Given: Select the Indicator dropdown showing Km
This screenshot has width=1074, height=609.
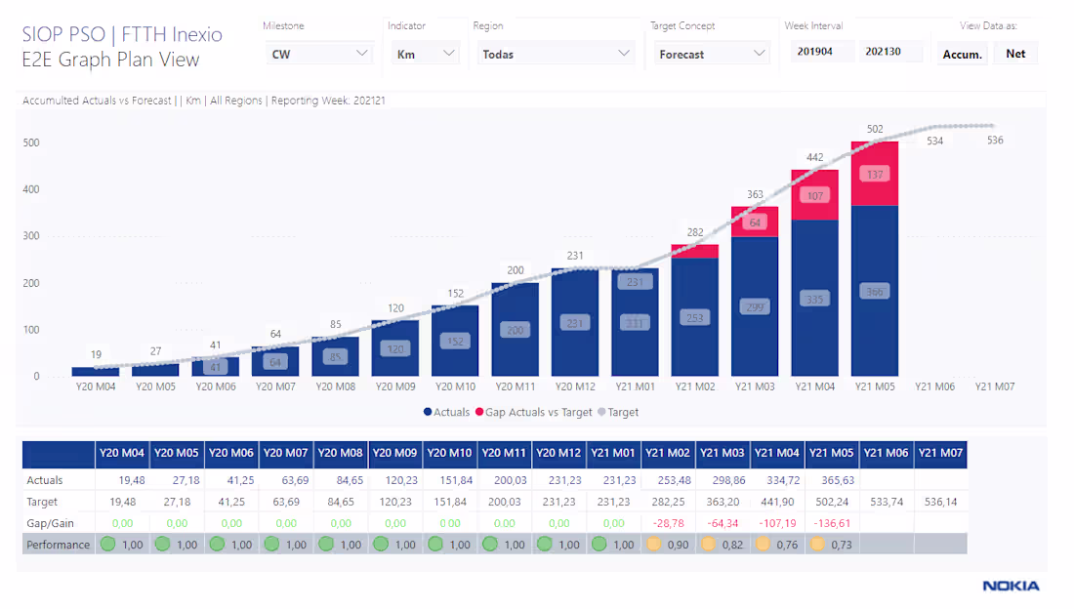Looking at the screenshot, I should tap(425, 54).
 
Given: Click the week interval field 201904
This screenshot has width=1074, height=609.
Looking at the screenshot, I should tap(822, 53).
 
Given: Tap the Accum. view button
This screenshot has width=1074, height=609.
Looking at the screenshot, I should tap(962, 55).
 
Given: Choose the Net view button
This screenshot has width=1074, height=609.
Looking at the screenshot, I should tap(1015, 54).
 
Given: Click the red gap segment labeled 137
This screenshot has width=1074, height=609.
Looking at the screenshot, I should tap(874, 174).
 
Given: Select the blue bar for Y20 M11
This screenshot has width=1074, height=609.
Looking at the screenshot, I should tap(516, 329).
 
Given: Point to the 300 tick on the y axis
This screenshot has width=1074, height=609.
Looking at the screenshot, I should tap(31, 236).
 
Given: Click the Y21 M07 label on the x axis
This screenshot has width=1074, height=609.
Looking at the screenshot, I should tap(994, 386).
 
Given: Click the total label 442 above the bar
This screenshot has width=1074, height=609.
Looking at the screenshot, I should tap(814, 157).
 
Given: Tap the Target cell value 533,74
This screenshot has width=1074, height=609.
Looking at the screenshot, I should tap(886, 502).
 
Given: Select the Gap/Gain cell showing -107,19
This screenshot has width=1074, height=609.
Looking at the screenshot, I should tap(777, 523).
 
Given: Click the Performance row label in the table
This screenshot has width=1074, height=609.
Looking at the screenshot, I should tap(58, 545).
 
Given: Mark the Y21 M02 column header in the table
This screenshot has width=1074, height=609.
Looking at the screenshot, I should tap(668, 453).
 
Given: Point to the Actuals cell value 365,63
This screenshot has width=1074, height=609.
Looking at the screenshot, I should tap(832, 480).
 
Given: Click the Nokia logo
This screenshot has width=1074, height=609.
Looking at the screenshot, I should tap(1011, 587).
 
